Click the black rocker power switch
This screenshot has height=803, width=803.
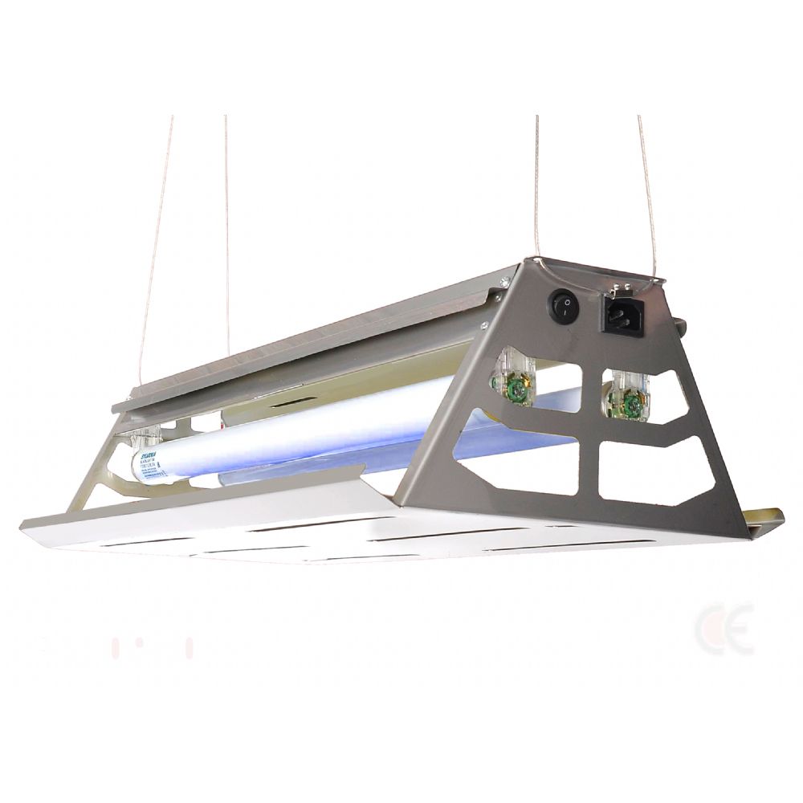pos(564,306)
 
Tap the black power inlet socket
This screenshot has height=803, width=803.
pos(623,314)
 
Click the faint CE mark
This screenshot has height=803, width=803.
pos(724,629)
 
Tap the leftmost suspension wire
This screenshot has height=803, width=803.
pos(157,233)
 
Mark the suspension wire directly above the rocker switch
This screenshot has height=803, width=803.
pos(537,185)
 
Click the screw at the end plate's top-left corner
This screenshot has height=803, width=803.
pos(503,280)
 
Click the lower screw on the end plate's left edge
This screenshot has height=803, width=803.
pos(483,324)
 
